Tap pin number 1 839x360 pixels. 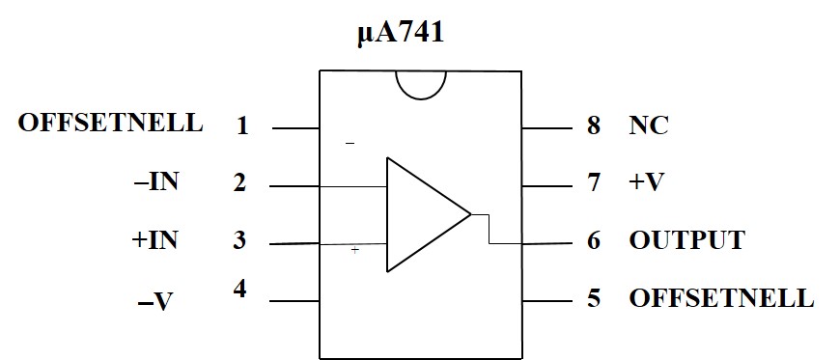point(242,126)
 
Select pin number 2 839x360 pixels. point(239,183)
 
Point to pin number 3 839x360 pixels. point(239,240)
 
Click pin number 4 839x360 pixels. point(239,290)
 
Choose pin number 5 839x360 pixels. point(594,298)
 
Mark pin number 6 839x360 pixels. point(594,240)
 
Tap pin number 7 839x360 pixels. point(594,183)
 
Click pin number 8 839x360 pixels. point(594,125)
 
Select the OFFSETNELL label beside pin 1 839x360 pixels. point(111,123)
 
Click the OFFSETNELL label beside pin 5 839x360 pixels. point(721,298)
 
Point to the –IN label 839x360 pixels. point(155,183)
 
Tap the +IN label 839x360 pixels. point(154,240)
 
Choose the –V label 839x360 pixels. point(155,303)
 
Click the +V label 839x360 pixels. point(646,183)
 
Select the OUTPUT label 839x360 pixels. point(686,240)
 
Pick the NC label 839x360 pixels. point(649,125)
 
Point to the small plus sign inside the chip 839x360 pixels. point(354,250)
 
